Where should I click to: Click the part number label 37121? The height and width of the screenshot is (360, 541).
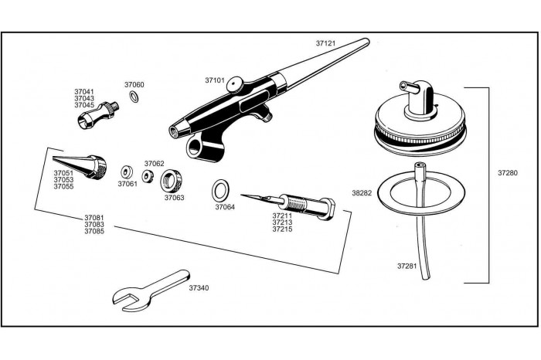tap(326, 44)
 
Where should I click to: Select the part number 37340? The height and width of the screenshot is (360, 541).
tap(199, 288)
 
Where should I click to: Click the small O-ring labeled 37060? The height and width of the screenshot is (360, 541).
tap(134, 97)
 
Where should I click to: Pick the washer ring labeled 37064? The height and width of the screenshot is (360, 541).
tap(220, 188)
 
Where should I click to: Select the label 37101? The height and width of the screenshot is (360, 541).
tap(215, 80)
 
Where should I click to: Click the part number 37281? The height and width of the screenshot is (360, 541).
tap(407, 266)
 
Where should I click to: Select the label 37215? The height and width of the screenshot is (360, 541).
tap(282, 229)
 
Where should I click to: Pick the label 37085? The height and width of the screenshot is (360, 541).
tap(95, 231)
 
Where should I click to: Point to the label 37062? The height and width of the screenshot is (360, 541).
tap(154, 164)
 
